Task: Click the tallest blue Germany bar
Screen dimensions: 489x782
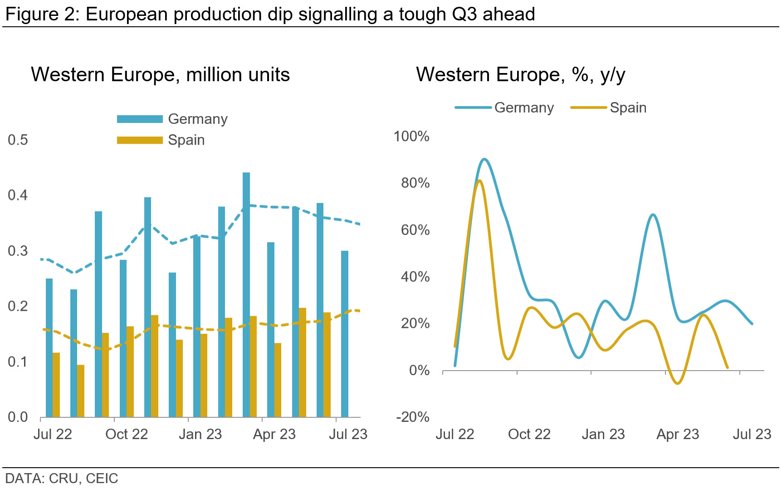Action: pos(246,295)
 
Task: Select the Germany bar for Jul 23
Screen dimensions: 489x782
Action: pos(345,334)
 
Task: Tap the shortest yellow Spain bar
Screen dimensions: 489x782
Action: pos(81,391)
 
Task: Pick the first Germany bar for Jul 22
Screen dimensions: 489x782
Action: pos(49,347)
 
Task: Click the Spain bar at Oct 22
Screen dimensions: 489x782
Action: pos(130,372)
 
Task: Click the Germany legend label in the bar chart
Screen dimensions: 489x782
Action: pos(197,119)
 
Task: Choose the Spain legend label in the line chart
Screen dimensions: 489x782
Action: pos(628,108)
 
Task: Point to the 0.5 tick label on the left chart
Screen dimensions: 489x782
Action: pos(18,140)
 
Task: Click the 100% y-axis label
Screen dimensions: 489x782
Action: pos(411,136)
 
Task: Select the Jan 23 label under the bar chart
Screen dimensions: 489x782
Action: pos(200,434)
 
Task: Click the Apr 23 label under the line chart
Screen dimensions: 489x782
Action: pos(678,434)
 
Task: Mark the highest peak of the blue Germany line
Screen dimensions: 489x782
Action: pos(484,159)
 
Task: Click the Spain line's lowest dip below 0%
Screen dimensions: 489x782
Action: pos(678,383)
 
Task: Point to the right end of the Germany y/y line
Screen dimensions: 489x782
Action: pos(752,323)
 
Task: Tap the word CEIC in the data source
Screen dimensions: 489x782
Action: pos(102,478)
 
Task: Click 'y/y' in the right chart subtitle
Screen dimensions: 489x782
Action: pos(613,74)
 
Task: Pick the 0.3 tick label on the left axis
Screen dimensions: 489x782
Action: pos(18,251)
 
